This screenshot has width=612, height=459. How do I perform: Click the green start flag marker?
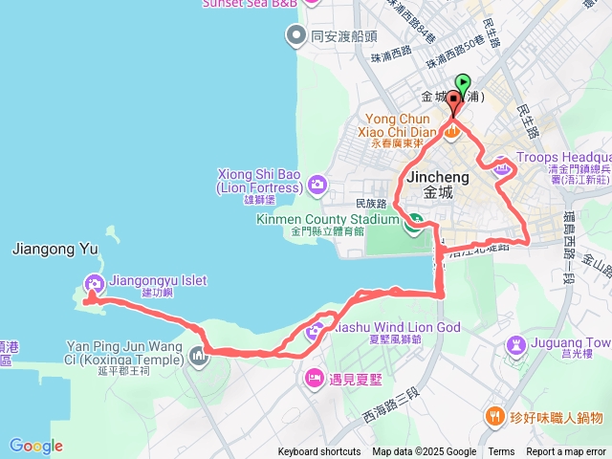[x=464, y=83]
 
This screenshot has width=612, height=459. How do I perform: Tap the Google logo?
[x=36, y=446]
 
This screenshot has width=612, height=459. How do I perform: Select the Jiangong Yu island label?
[x=55, y=249]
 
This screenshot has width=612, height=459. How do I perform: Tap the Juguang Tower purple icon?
[x=515, y=343]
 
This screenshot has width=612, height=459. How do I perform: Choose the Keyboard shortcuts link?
[x=319, y=452]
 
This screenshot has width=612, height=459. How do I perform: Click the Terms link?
[x=501, y=452]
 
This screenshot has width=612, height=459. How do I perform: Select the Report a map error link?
[x=567, y=452]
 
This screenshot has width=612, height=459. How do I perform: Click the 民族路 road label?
[x=370, y=203]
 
